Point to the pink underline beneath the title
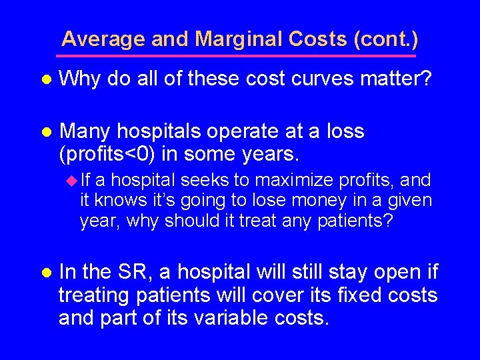click(x=240, y=55)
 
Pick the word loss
click(x=345, y=131)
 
